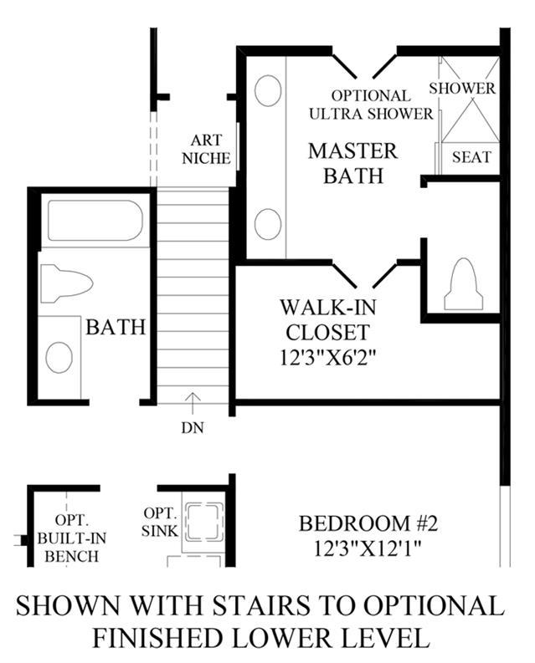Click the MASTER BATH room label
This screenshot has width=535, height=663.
tap(352, 163)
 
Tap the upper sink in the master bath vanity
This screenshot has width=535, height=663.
tap(268, 90)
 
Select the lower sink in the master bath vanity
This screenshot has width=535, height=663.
tap(268, 224)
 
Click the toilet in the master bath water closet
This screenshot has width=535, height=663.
tap(463, 283)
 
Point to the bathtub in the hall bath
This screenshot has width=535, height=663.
tap(95, 221)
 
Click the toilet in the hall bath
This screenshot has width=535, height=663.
tap(66, 283)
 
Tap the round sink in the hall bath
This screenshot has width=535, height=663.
tap(59, 357)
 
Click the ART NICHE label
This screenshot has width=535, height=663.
tap(206, 150)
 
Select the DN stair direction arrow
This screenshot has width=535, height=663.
tap(193, 403)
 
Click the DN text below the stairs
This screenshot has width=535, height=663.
tap(193, 428)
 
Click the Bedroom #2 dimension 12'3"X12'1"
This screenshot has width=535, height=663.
tap(368, 549)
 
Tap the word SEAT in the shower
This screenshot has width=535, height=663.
tap(471, 157)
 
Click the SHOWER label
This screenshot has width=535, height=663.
tap(462, 88)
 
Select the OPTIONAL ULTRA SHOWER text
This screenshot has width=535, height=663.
tap(371, 105)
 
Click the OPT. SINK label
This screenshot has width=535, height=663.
tap(160, 523)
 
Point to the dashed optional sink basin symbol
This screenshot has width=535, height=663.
tap(205, 523)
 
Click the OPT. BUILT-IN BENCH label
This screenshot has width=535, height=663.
tap(72, 538)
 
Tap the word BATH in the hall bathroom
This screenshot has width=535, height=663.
tap(116, 327)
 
